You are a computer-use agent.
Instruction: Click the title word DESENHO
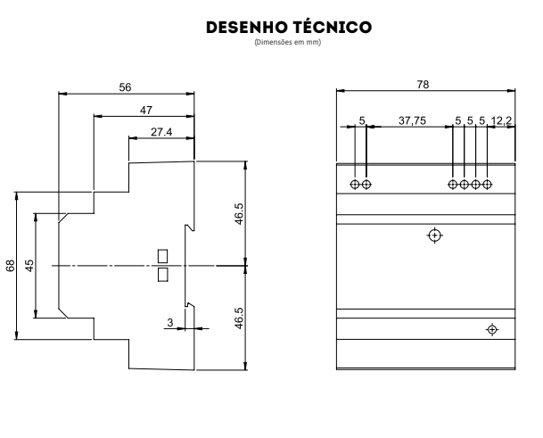[x=247, y=28]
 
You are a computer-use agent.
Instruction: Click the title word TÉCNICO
[x=333, y=27]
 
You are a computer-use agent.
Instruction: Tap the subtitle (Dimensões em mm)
[x=287, y=42]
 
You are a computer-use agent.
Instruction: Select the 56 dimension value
[x=125, y=87]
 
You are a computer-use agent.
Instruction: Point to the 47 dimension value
[x=146, y=111]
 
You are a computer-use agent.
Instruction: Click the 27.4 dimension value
[x=161, y=132]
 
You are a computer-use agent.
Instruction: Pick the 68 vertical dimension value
[x=11, y=266]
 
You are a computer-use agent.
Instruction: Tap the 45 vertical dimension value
[x=29, y=266]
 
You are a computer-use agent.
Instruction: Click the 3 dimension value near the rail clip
[x=170, y=322]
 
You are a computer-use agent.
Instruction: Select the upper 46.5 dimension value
[x=239, y=214]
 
